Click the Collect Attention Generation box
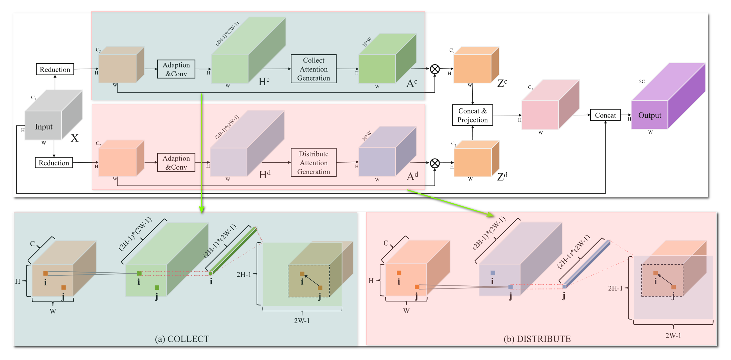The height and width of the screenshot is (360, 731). click(313, 69)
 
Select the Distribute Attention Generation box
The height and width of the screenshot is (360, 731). click(313, 163)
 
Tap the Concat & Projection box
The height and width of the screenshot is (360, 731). click(472, 115)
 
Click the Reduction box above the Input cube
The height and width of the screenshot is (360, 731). click(55, 69)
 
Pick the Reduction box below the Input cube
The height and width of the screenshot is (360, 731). click(54, 163)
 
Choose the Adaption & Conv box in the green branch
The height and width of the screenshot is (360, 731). click(176, 69)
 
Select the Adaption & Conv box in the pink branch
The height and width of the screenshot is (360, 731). click(176, 163)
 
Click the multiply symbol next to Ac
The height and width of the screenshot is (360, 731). click(435, 69)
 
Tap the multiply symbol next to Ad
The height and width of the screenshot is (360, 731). click(435, 163)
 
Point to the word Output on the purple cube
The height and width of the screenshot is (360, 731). click(649, 115)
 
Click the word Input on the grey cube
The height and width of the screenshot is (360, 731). click(43, 127)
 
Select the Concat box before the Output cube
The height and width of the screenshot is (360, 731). click(605, 115)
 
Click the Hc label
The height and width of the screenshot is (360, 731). click(264, 82)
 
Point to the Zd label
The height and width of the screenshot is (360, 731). click(502, 176)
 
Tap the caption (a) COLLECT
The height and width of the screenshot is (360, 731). click(182, 339)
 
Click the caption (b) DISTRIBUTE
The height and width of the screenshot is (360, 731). click(537, 339)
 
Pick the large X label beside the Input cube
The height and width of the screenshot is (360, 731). click(75, 138)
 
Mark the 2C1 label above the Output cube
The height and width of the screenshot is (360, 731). click(642, 82)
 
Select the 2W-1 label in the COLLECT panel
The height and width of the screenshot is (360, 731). click(302, 321)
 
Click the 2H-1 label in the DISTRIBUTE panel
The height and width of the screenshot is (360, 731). click(615, 288)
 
